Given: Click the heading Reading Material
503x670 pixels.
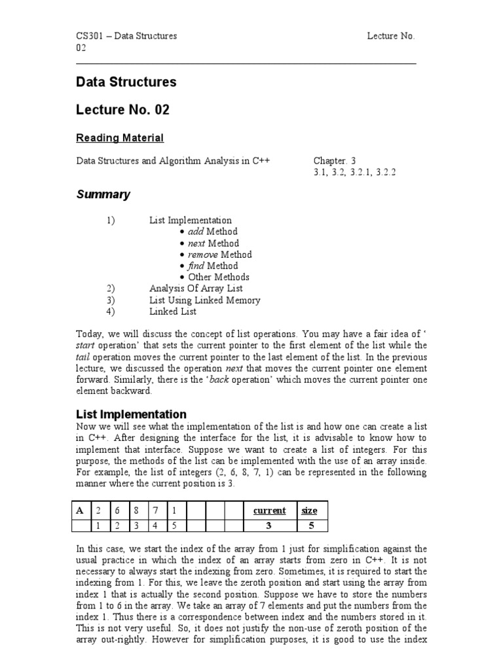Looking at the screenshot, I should click(120, 137).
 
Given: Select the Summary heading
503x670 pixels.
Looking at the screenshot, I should click(103, 194).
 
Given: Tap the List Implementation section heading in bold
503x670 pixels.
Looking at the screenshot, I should click(131, 414).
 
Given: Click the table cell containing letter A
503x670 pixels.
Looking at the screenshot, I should click(81, 510).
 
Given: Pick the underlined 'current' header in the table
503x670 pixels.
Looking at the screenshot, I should click(269, 510).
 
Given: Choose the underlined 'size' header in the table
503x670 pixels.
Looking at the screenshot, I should click(309, 510).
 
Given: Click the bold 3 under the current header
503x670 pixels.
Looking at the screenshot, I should click(269, 525).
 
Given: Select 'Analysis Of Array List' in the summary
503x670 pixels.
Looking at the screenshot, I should click(196, 289).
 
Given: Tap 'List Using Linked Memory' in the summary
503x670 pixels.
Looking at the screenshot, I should click(204, 300).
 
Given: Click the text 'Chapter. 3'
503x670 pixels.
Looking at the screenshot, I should click(335, 160).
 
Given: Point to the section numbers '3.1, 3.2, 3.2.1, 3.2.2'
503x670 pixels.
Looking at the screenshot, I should click(354, 172).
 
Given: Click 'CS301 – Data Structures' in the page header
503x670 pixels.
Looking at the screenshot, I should click(126, 36).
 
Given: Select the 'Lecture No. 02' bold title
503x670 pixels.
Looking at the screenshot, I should click(122, 110).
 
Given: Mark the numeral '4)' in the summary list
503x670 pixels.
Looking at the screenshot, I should click(111, 311).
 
